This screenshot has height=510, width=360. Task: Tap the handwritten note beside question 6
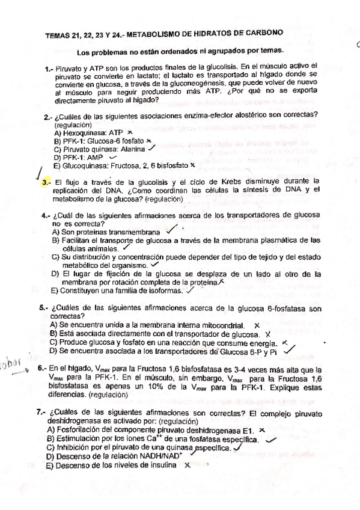pos(14,363)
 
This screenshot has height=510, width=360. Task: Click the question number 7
pos(41,414)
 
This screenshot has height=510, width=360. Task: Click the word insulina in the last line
pos(166,465)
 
